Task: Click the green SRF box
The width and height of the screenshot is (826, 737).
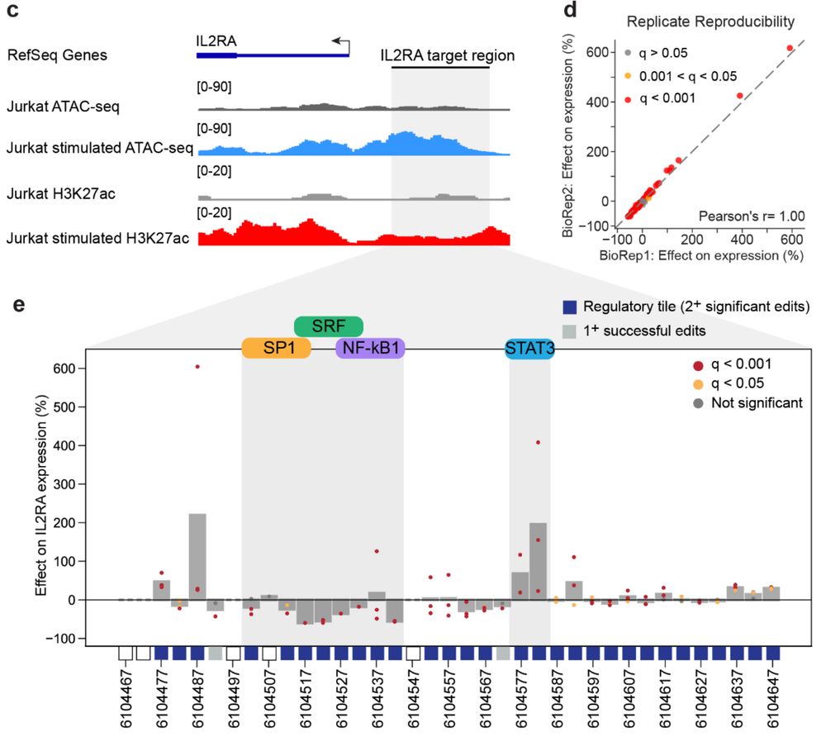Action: (x=329, y=326)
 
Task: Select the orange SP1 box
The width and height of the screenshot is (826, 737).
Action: (x=276, y=348)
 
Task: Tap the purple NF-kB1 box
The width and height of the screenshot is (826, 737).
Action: (x=371, y=348)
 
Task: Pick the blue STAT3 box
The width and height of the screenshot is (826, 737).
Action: (x=529, y=349)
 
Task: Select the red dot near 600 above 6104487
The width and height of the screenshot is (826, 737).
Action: (x=197, y=367)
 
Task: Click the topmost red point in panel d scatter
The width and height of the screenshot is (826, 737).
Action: (x=790, y=48)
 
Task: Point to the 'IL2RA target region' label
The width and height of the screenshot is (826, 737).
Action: (x=447, y=56)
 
